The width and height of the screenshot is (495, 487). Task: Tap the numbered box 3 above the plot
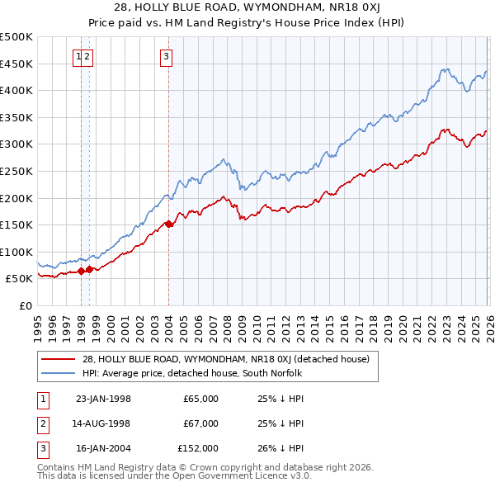(167, 57)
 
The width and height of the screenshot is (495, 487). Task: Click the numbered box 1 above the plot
(78, 57)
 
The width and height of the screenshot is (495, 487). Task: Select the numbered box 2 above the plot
(87, 57)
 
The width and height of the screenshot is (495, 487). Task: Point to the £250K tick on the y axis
(16, 171)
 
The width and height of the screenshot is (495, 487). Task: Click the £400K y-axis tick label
(16, 90)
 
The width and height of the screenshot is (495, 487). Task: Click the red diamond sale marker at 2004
(168, 224)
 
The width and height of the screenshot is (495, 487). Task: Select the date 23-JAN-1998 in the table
(103, 399)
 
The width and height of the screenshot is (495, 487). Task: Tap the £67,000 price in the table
(200, 423)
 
